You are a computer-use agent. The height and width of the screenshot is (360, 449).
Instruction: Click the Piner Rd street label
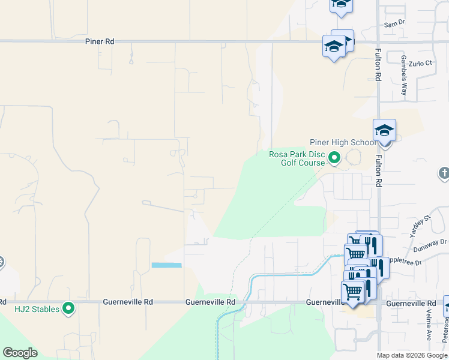(99, 42)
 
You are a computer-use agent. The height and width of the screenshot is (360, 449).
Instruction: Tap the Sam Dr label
(394, 23)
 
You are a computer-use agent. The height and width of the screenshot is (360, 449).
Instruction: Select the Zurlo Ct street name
(420, 63)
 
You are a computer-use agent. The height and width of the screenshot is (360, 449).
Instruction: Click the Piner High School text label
(343, 142)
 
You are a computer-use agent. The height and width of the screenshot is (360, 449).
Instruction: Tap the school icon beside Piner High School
(384, 130)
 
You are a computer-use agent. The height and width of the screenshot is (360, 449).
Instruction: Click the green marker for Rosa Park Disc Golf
(334, 158)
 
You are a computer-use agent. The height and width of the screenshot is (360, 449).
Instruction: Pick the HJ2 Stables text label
(37, 309)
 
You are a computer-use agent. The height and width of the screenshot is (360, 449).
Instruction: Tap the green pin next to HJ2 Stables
(68, 309)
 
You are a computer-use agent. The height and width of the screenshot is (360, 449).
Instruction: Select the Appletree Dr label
(407, 262)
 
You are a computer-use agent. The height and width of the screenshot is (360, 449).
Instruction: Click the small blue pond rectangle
(166, 265)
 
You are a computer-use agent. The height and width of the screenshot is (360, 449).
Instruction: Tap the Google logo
(20, 353)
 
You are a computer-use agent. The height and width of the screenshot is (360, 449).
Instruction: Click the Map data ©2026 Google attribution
(412, 355)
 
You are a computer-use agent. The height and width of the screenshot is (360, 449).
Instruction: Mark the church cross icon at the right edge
(444, 174)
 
